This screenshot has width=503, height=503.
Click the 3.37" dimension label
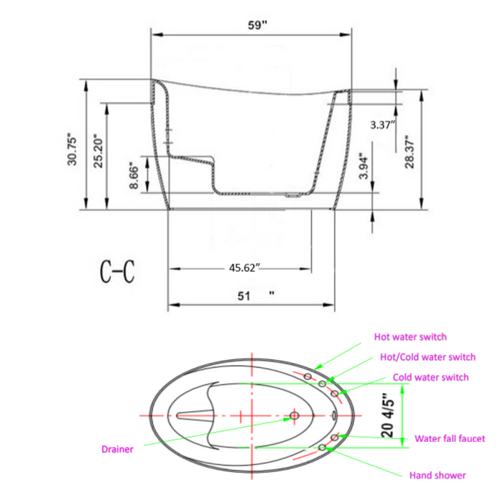tap(382, 124)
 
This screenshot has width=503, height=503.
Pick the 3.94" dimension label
tap(364, 166)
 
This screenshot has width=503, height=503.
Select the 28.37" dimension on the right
tap(410, 152)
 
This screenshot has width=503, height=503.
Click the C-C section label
tap(116, 272)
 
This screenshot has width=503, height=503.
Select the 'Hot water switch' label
tap(410, 336)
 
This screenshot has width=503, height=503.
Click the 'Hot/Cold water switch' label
tap(427, 357)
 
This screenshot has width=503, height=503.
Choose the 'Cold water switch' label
tap(430, 377)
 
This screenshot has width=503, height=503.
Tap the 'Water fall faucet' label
tap(450, 438)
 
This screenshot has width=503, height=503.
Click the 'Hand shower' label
tap(437, 475)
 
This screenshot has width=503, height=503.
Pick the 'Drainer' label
tap(116, 449)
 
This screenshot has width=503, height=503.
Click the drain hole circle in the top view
tap(294, 415)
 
